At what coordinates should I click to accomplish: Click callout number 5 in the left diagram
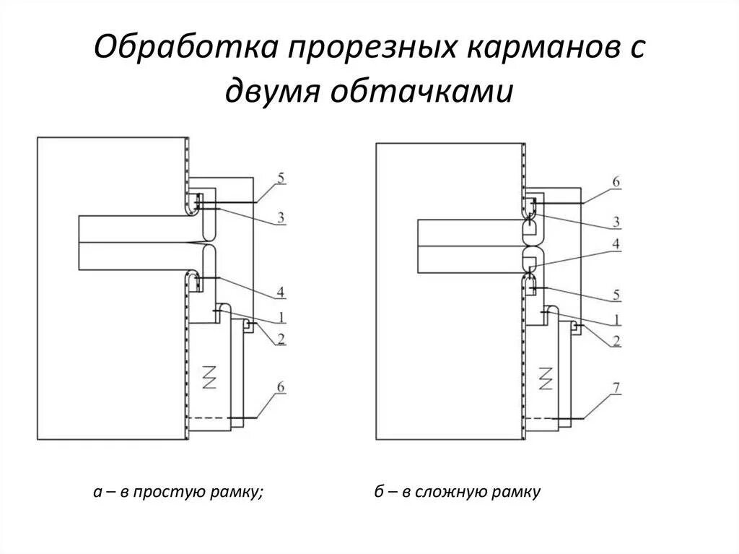pos(281,177)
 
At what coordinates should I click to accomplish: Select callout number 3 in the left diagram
pos(281,217)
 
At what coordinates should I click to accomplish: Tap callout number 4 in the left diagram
pos(281,292)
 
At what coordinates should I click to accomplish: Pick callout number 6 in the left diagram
pos(281,388)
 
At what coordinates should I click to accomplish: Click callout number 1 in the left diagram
pos(281,316)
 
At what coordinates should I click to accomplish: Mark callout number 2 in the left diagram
pos(281,338)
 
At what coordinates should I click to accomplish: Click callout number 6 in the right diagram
pos(616,183)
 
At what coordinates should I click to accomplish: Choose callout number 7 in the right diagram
pos(616,389)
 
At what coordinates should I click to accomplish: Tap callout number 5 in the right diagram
pos(616,295)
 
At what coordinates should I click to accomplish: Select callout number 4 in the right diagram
pos(616,244)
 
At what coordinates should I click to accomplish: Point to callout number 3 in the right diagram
pos(616,220)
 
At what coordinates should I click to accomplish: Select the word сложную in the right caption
pos(455,493)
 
